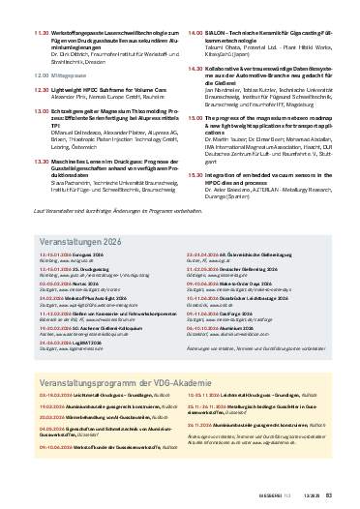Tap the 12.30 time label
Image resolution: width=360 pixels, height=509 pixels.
coord(41,87)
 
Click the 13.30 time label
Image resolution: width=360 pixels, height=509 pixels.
coord(41,161)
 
